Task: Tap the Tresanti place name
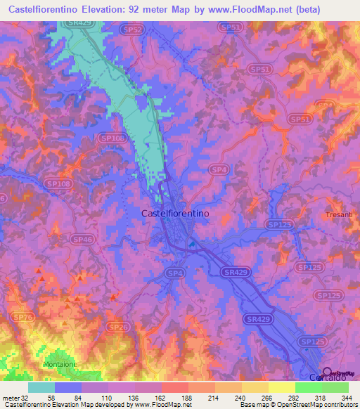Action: (x=339, y=214)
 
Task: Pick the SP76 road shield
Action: (x=23, y=318)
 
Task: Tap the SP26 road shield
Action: (x=117, y=327)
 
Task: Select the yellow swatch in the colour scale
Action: (x=281, y=387)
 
